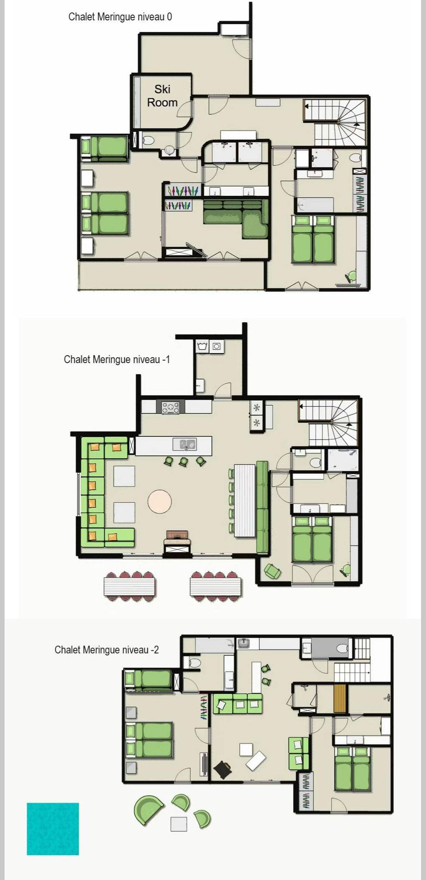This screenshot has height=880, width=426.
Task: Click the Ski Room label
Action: click(x=162, y=96)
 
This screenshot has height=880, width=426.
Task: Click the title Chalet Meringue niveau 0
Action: click(x=120, y=17)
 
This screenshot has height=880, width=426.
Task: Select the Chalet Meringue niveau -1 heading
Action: click(x=117, y=359)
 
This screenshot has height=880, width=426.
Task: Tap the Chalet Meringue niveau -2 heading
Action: click(x=106, y=650)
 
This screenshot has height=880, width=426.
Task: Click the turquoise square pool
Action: click(x=53, y=829)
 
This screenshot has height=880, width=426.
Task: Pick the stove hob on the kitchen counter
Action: click(x=170, y=407)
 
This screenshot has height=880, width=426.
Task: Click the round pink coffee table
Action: click(x=160, y=501)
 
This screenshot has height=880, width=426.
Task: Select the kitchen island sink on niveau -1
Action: click(x=185, y=445)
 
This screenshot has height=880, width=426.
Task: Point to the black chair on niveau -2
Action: click(x=223, y=769)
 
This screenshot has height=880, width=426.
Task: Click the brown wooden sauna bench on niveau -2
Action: click(x=340, y=698)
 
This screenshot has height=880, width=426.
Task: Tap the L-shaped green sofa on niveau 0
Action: click(x=236, y=218)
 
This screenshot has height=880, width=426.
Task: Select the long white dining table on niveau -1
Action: click(x=245, y=501)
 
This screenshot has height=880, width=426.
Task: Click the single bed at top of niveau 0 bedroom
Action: click(x=105, y=148)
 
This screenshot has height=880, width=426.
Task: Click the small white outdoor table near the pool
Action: click(x=179, y=824)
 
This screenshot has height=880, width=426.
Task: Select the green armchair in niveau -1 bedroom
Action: click(x=272, y=571)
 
